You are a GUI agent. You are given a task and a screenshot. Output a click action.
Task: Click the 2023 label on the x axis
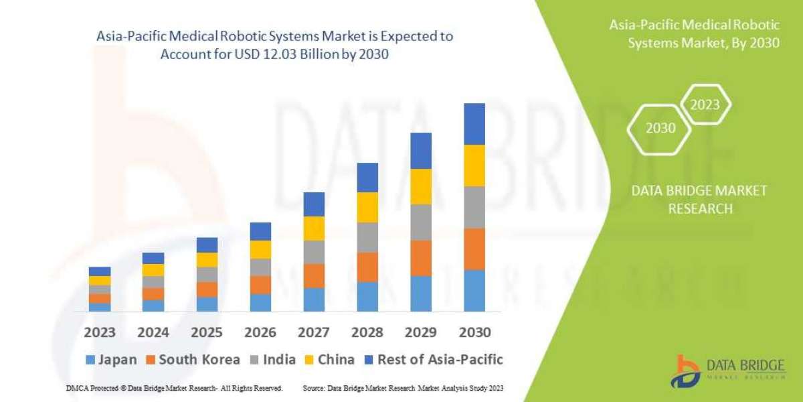pyautogui.click(x=100, y=332)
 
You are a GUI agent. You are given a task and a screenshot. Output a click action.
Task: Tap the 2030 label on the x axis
pyautogui.click(x=474, y=332)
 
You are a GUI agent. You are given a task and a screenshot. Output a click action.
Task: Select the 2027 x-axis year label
pyautogui.click(x=314, y=332)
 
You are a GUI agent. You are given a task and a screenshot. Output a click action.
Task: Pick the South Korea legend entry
pyautogui.click(x=192, y=360)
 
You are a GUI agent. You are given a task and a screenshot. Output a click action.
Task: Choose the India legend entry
pyautogui.click(x=273, y=360)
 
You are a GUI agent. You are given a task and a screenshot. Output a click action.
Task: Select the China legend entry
pyautogui.click(x=329, y=360)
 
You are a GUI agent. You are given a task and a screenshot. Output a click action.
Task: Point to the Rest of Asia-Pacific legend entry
pyautogui.click(x=433, y=360)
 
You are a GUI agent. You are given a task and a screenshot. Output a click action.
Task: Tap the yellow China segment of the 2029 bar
pyautogui.click(x=421, y=186)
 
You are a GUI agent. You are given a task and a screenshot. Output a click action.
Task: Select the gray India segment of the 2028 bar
pyautogui.click(x=367, y=237)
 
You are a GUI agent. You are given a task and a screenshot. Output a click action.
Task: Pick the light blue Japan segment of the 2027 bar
pyautogui.click(x=314, y=299)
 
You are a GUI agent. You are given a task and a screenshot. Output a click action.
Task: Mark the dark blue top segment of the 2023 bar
pyautogui.click(x=100, y=271)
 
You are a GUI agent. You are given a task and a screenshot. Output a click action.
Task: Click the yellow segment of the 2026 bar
pyautogui.click(x=260, y=249)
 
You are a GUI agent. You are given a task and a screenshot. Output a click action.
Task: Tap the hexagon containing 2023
pyautogui.click(x=705, y=105)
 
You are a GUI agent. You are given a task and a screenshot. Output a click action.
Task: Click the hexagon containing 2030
pyautogui.click(x=660, y=128)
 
